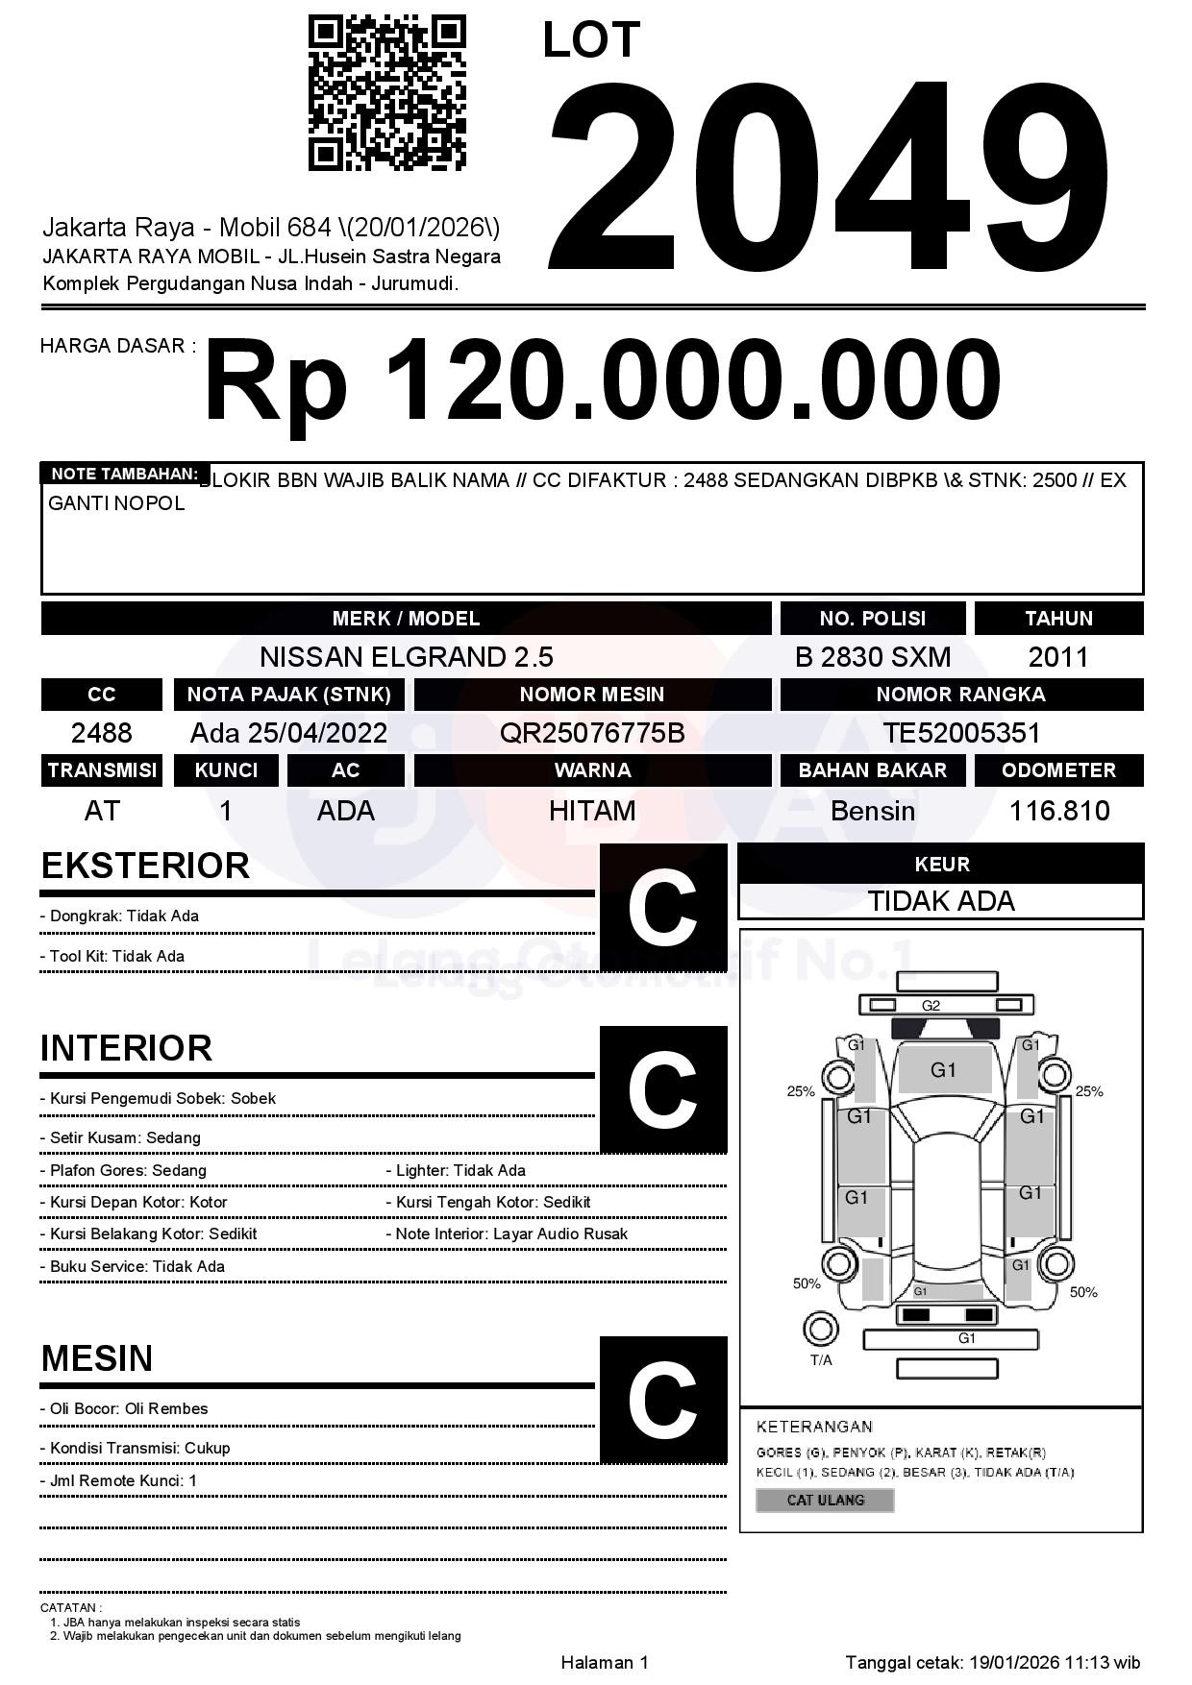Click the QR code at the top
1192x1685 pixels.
coord(386,93)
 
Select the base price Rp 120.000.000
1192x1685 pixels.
coord(602,381)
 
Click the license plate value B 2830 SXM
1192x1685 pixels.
coord(872,657)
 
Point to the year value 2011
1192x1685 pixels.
coord(1057,657)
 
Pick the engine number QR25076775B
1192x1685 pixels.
coord(591,733)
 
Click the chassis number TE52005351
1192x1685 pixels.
coord(961,733)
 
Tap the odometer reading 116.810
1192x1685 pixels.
coord(1058,811)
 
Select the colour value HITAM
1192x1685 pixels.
coord(591,811)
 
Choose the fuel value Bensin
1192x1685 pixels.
coord(872,811)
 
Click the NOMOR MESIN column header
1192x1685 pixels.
coord(591,695)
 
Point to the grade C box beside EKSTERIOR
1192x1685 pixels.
coord(662,908)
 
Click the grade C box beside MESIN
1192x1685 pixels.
coord(662,1400)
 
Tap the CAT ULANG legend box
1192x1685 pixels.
coord(825,1500)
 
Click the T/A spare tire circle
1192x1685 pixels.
coord(820,1330)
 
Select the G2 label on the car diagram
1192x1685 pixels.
coord(931,1006)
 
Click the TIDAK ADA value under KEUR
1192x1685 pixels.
coord(940,901)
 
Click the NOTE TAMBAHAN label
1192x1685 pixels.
coord(124,474)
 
